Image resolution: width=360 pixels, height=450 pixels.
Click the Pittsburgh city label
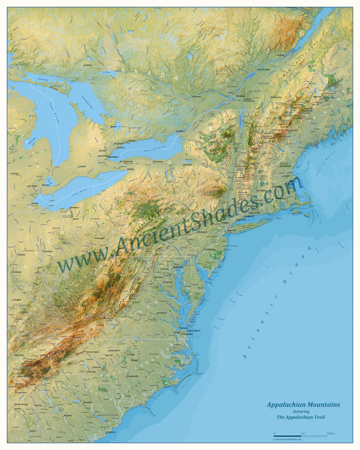coord(99,238)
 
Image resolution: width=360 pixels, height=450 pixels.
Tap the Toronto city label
coord(121,147)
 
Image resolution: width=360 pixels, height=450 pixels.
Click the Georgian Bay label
coord(88,103)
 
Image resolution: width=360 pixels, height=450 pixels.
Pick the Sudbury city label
coord(88,65)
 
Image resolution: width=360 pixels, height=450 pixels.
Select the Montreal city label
coord(240,96)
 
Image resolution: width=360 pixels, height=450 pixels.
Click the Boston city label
coord(291,184)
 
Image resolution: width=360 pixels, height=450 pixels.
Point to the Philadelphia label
coord(209,249)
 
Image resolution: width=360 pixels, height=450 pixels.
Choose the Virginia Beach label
coord(193,330)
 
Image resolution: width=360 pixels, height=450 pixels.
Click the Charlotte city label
coord(91,372)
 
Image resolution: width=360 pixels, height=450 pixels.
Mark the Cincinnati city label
coord(17,272)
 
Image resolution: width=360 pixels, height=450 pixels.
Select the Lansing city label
coord(15,173)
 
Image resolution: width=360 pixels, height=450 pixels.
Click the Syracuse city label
coord(188,165)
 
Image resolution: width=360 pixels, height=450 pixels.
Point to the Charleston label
coord(111,432)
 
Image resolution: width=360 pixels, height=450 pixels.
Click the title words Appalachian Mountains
coord(303,405)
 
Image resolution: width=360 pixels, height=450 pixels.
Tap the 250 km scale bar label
coord(330,433)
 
